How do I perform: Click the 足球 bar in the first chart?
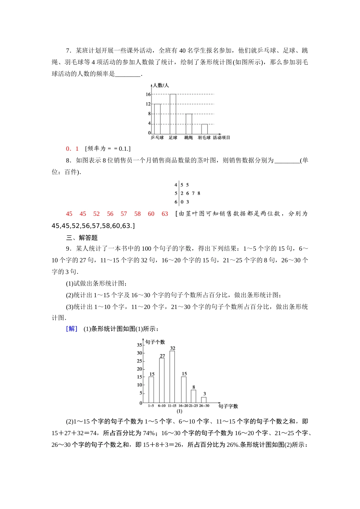pos(173,114)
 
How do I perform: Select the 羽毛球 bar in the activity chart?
pos(204,129)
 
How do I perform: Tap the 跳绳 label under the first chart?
pos(188,138)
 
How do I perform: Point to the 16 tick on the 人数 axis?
pos(148,94)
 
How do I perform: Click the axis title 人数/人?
pos(161,86)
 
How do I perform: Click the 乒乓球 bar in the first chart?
pos(157,119)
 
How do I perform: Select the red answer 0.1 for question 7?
pos(72,149)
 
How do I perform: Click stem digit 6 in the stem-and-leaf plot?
pos(176,202)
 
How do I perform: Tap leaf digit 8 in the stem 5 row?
pos(199,193)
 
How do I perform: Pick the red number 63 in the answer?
pos(164,214)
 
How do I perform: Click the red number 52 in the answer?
pos(96,214)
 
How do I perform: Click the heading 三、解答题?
pos(82,238)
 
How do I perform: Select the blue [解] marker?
pos(72,329)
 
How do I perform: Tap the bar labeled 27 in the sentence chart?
pos(162,380)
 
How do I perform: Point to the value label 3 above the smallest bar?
pos(205,394)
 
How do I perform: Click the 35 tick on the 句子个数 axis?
pos(139,345)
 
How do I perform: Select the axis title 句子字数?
pos(228,406)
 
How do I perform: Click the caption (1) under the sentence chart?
pos(180,411)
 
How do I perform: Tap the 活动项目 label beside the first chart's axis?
pos(221,138)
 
